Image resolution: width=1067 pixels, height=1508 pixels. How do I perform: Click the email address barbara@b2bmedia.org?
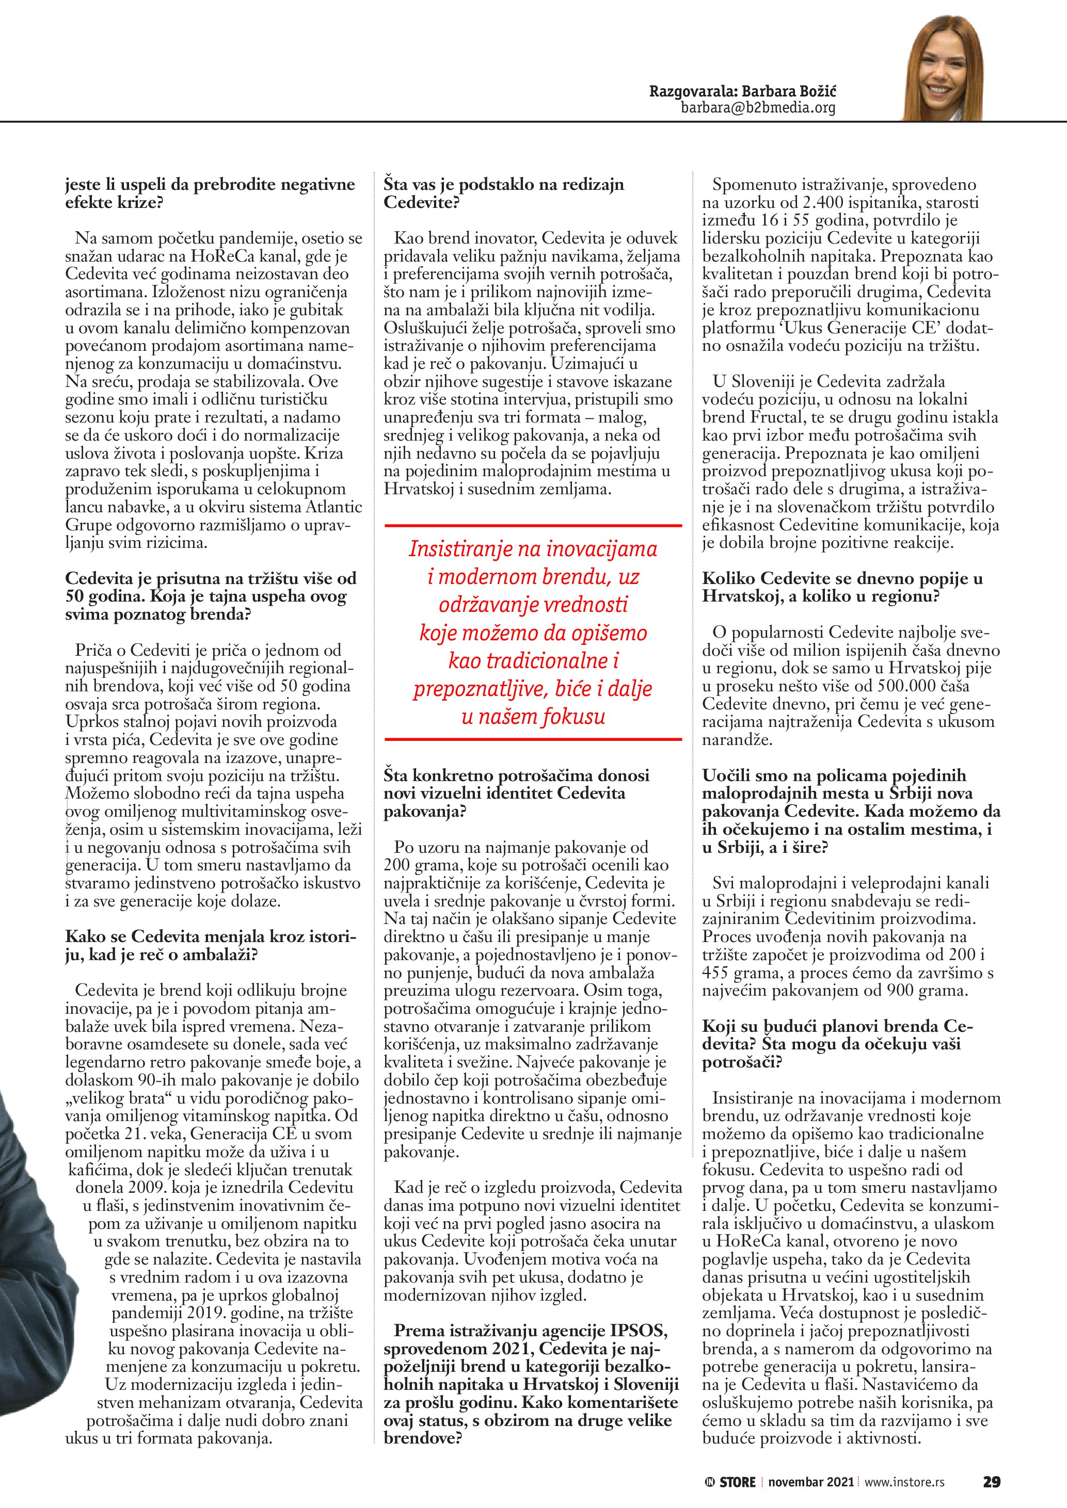(758, 108)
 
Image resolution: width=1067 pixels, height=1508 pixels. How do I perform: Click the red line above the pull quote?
(533, 525)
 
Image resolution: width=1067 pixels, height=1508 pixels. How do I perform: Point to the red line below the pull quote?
(533, 739)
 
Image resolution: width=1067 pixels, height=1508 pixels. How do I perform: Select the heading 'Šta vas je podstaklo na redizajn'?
(504, 185)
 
